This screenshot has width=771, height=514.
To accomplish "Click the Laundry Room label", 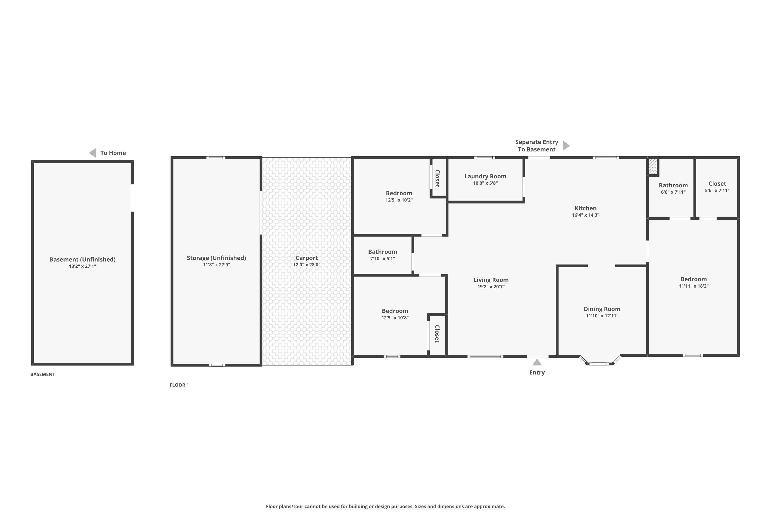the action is pyautogui.click(x=485, y=176).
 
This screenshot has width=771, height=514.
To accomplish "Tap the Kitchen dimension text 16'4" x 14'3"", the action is pyautogui.click(x=585, y=215).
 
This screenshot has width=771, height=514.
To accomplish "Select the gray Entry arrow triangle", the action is pyautogui.click(x=537, y=362).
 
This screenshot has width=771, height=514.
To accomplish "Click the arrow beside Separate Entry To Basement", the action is pyautogui.click(x=566, y=145).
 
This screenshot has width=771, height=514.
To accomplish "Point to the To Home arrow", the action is pyautogui.click(x=93, y=153).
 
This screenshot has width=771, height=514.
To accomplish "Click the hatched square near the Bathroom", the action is pyautogui.click(x=653, y=167).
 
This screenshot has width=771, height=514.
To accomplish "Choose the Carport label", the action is pyautogui.click(x=307, y=258).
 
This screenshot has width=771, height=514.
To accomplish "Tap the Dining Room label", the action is pyautogui.click(x=602, y=309).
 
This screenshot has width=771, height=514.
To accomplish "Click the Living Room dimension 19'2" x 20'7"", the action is pyautogui.click(x=491, y=287).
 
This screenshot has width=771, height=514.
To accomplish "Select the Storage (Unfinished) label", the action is pyautogui.click(x=216, y=258).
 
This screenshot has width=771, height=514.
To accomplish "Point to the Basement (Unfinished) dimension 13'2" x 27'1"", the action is pyautogui.click(x=82, y=266).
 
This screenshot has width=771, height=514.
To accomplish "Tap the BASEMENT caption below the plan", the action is pyautogui.click(x=43, y=374).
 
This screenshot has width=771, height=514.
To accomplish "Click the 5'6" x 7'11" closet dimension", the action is pyautogui.click(x=717, y=190).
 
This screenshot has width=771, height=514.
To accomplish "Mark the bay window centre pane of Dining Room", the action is pyautogui.click(x=599, y=364).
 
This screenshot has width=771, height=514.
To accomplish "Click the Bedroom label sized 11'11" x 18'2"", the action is pyautogui.click(x=693, y=279).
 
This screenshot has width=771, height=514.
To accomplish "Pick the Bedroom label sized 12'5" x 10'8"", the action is pyautogui.click(x=395, y=311).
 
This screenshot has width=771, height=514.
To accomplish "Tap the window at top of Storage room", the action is pyautogui.click(x=216, y=158).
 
